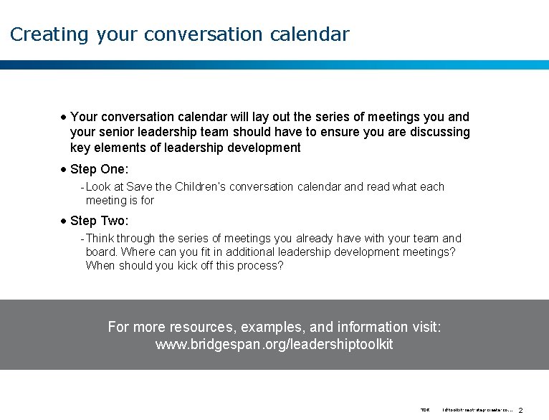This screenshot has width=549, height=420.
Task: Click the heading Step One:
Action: pos(99,169)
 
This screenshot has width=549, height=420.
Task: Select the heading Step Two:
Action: pos(99,221)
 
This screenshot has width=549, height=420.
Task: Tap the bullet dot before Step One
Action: pos(64,169)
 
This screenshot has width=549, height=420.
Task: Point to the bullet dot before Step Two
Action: pos(64,221)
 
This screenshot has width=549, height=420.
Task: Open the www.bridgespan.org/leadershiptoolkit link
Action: pos(274,345)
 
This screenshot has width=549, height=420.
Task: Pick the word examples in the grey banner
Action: pos(272,328)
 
